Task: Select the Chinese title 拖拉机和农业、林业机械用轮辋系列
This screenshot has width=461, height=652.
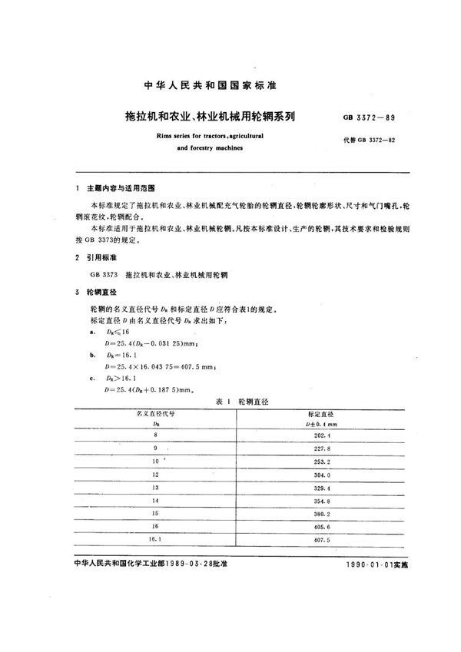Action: [x=202, y=118]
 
